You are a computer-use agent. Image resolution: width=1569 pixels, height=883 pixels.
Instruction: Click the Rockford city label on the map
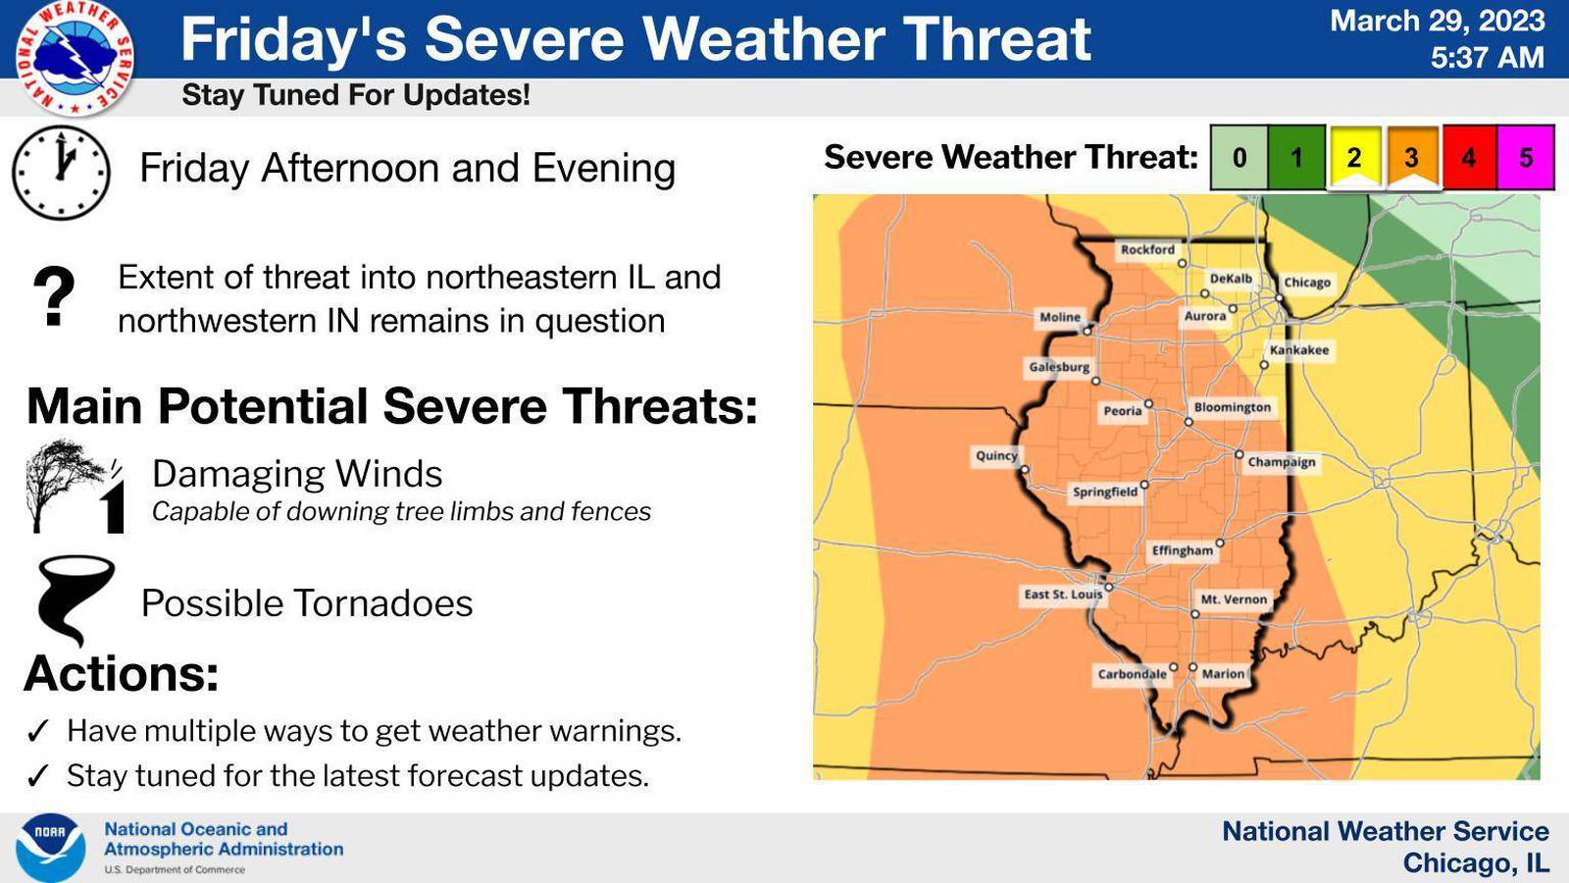pos(1147,250)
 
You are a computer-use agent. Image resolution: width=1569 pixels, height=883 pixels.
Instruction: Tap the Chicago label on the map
pos(1307,283)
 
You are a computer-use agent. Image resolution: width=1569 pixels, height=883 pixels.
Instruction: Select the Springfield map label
pos(1105,492)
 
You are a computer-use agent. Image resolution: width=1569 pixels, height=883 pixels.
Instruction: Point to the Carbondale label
pos(1132,674)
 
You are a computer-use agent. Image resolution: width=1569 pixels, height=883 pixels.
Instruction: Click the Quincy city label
pos(996,455)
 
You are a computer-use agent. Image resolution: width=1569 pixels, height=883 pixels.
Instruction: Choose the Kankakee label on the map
pos(1299,350)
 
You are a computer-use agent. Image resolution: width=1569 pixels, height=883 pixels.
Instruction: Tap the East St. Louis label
pos(1063,595)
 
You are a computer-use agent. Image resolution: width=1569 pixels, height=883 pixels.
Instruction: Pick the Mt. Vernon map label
pos(1234,599)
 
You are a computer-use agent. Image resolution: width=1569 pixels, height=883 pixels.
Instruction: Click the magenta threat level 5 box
pos(1526,157)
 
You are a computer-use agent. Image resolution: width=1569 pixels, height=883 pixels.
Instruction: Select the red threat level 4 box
pos(1468,157)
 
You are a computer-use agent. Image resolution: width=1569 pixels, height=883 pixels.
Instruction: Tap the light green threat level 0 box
pos(1239,157)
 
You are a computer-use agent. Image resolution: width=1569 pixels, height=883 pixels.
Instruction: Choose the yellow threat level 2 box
pos(1353,157)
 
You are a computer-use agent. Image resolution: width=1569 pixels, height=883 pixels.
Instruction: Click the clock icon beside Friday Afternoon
pos(61,172)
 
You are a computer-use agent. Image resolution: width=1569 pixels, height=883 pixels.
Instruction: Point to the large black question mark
pos(54,296)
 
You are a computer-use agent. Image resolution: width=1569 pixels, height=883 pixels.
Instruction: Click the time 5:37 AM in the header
pos(1487,58)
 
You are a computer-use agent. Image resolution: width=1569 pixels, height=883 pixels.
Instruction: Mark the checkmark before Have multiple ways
pos(38,731)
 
